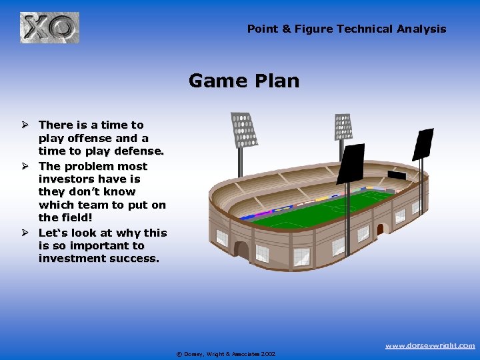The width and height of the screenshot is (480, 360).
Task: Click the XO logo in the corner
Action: pyautogui.click(x=49, y=28)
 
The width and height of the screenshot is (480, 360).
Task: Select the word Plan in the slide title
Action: pyautogui.click(x=275, y=81)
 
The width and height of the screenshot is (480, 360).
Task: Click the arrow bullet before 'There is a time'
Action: pyautogui.click(x=23, y=125)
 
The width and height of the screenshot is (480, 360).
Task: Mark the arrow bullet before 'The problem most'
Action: pyautogui.click(x=23, y=166)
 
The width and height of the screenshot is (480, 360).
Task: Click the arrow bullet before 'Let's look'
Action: pyautogui.click(x=23, y=233)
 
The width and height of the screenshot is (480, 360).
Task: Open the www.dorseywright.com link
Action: pyautogui.click(x=430, y=345)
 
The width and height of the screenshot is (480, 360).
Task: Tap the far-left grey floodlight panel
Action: pyautogui.click(x=243, y=130)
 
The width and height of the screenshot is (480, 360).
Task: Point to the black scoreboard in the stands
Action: pyautogui.click(x=396, y=176)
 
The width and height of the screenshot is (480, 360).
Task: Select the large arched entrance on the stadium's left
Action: pyautogui.click(x=241, y=250)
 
